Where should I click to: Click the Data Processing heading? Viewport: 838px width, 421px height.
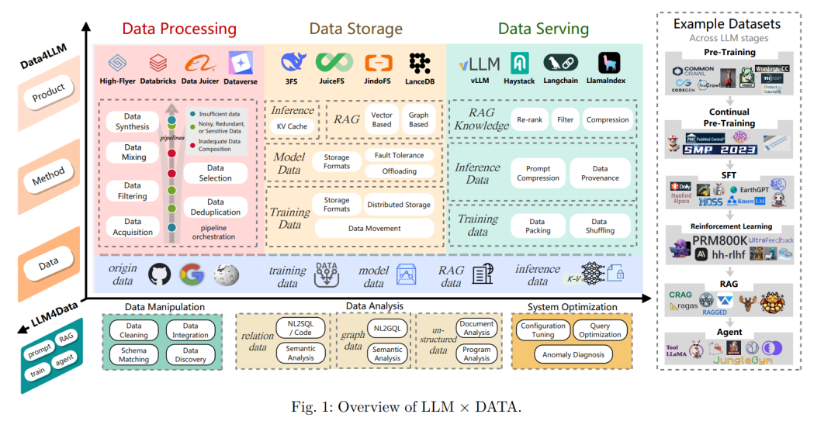tap(178, 29)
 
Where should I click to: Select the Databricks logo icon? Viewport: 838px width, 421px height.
tap(158, 62)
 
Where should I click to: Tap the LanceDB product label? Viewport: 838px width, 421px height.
tap(421, 81)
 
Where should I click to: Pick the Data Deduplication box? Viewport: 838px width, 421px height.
tap(215, 207)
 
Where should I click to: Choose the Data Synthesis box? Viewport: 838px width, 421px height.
tap(133, 122)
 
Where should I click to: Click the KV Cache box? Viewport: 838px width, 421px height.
tap(293, 126)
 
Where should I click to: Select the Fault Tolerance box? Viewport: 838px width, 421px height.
tap(399, 156)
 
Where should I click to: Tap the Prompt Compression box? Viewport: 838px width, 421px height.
tap(538, 173)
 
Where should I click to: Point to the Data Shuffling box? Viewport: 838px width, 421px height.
tap(600, 225)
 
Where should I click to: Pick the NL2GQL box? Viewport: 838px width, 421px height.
tap(386, 328)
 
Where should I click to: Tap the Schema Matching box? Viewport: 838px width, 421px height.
tap(133, 354)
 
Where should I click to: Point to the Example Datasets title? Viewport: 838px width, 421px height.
tap(727, 24)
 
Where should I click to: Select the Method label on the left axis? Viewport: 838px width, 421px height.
tap(47, 181)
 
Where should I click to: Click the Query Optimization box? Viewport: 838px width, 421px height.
tap(600, 330)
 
